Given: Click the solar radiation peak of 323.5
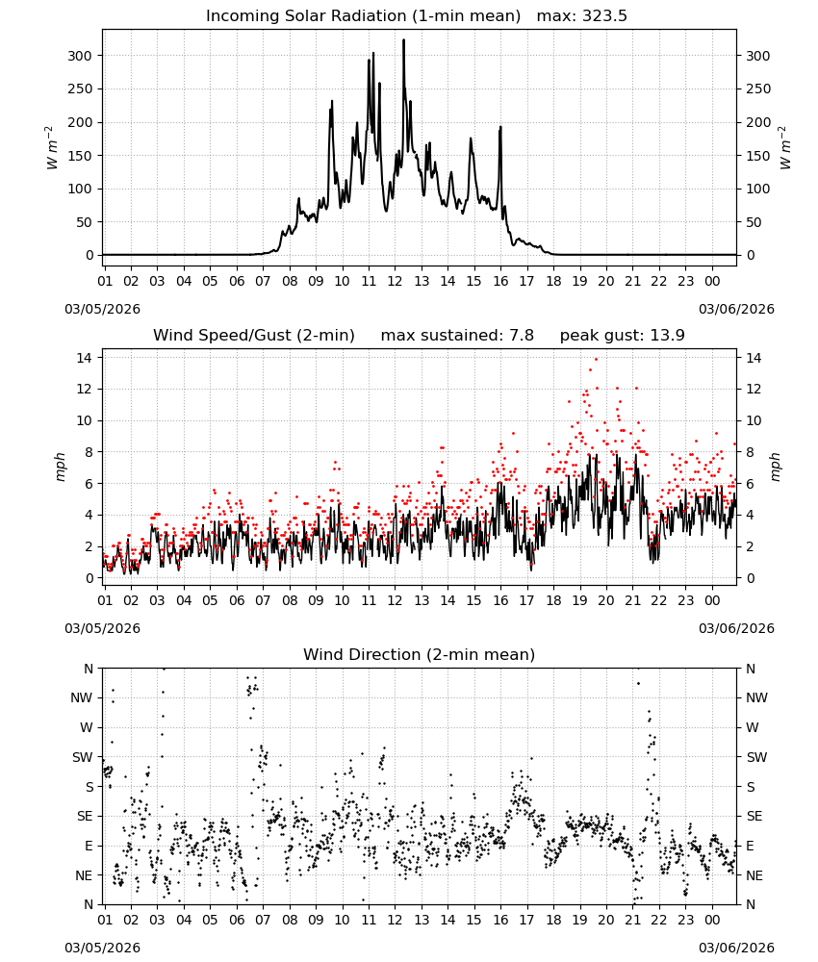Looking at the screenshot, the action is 404,39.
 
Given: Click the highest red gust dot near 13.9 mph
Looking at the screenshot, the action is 596,359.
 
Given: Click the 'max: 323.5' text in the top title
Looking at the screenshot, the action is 582,16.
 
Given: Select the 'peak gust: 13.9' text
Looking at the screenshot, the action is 623,335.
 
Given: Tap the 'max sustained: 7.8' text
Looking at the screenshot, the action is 457,335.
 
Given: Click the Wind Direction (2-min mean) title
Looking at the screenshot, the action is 420,654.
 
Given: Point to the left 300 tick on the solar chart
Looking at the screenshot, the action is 80,56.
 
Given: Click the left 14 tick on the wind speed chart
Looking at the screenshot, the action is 85,358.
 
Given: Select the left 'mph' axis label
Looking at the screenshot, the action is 60,467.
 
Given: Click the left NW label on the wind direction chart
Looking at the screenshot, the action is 82,698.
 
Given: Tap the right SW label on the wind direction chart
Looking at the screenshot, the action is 756,757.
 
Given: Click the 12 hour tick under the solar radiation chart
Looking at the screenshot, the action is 395,282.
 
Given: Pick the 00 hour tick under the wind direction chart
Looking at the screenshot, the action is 712,920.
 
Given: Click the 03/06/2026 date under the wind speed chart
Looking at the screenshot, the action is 736,628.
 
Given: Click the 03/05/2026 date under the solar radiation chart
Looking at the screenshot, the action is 102,309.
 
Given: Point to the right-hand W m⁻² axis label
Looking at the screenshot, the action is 785,148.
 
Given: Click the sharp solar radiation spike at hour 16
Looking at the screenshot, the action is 500,128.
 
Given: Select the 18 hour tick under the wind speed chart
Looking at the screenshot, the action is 553,600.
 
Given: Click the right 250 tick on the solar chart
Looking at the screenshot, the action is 758,89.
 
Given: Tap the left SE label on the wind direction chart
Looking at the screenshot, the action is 85,816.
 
